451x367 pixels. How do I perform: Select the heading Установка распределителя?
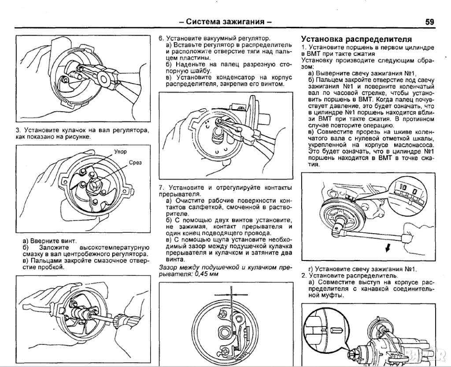click(356, 39)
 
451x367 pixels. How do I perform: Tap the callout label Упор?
click(120, 152)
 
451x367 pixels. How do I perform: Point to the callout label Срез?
click(135, 162)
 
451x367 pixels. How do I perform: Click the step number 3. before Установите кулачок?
click(18, 130)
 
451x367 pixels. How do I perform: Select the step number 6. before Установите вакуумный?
click(161, 38)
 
